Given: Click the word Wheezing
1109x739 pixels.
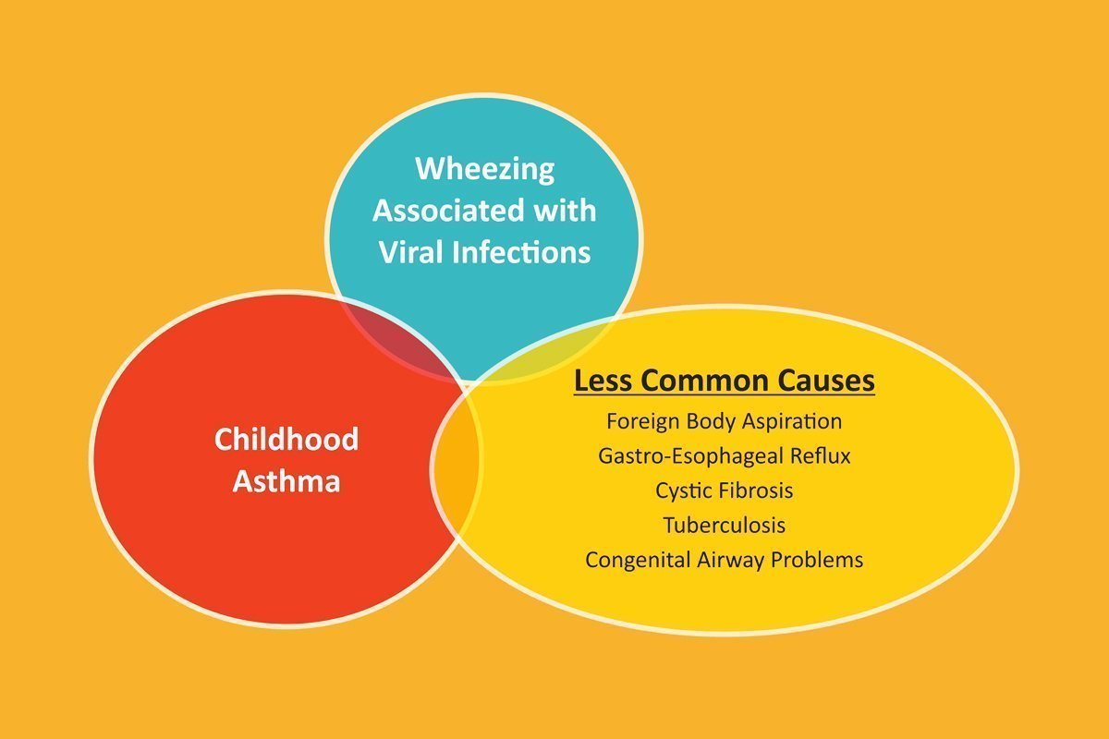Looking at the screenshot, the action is point(484,170).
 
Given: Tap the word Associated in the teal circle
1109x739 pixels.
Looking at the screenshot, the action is point(448,211).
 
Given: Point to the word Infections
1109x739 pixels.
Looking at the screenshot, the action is point(521,252).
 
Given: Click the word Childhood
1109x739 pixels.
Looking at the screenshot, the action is point(286,439).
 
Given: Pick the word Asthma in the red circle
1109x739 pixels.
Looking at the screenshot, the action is point(286,480).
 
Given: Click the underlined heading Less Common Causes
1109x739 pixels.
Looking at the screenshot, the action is point(725,382).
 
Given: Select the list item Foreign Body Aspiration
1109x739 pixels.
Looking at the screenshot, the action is point(725,422).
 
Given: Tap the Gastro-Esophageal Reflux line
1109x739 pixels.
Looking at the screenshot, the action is point(725,456).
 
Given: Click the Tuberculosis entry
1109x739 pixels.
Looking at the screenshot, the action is point(725,526).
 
